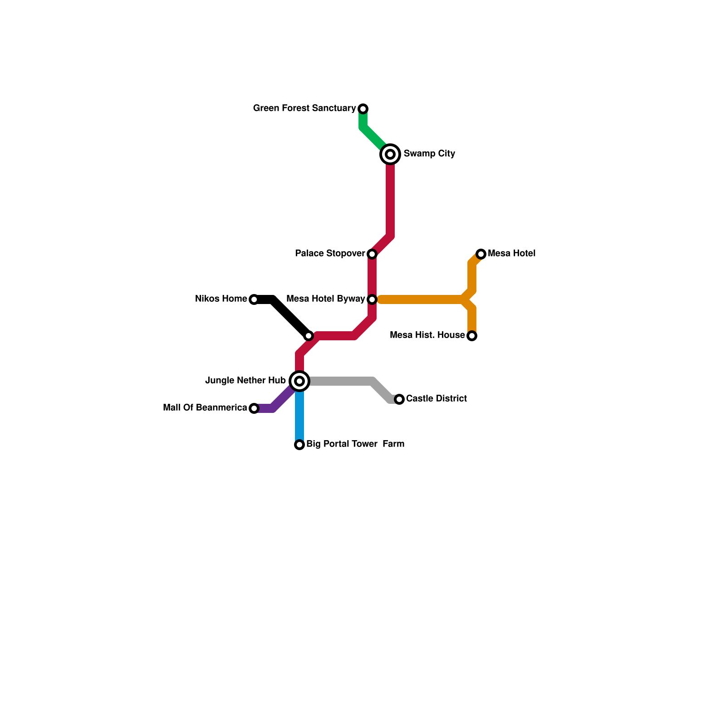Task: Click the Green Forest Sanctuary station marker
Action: (x=363, y=109)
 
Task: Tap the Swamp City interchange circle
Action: (x=390, y=154)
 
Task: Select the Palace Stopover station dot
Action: (x=372, y=254)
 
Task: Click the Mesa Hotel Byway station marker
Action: (x=372, y=299)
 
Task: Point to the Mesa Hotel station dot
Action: (x=481, y=254)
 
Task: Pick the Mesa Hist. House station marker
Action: (x=472, y=336)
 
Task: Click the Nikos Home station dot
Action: (x=254, y=299)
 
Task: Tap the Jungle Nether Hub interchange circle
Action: (x=299, y=381)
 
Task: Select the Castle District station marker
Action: (x=399, y=399)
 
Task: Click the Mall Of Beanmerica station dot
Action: (x=254, y=408)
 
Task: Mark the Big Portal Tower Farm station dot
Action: (x=299, y=445)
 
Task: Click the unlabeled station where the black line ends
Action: (x=309, y=336)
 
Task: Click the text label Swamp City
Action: (x=429, y=154)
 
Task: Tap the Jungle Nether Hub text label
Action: (x=245, y=381)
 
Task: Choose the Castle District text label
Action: (x=437, y=399)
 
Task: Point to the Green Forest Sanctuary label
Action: (x=304, y=108)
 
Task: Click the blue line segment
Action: (x=299, y=417)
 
